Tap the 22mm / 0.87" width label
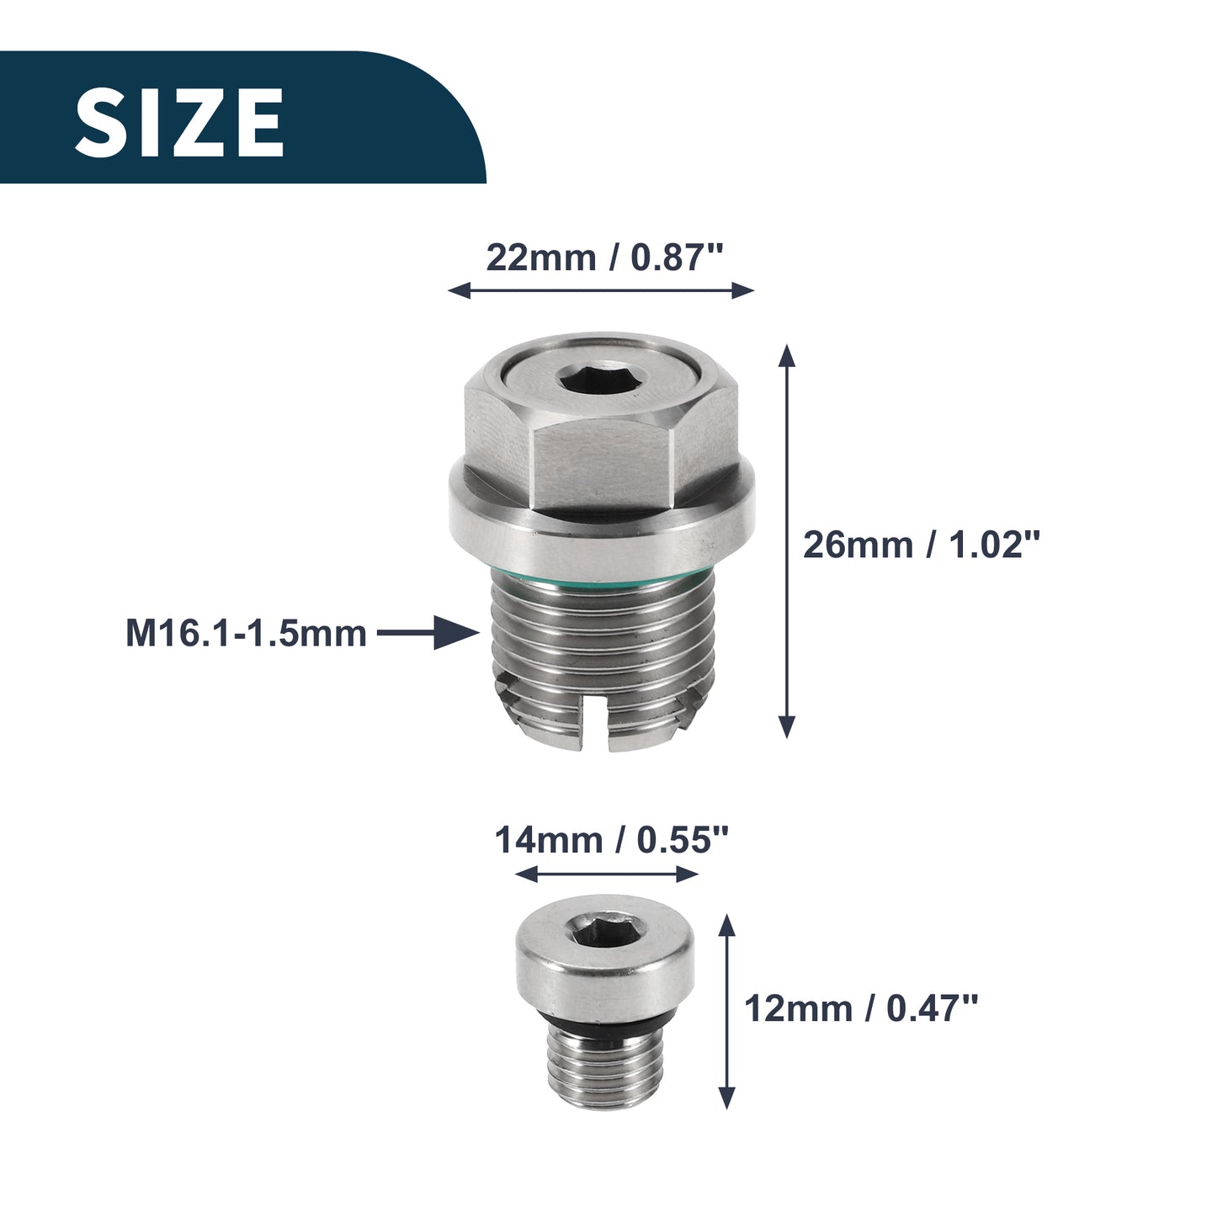pyautogui.click(x=605, y=258)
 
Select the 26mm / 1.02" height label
pyautogui.click(x=922, y=545)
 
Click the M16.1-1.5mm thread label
pyautogui.click(x=246, y=634)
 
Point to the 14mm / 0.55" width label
pyautogui.click(x=611, y=840)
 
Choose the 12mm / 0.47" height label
pyautogui.click(x=861, y=1008)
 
